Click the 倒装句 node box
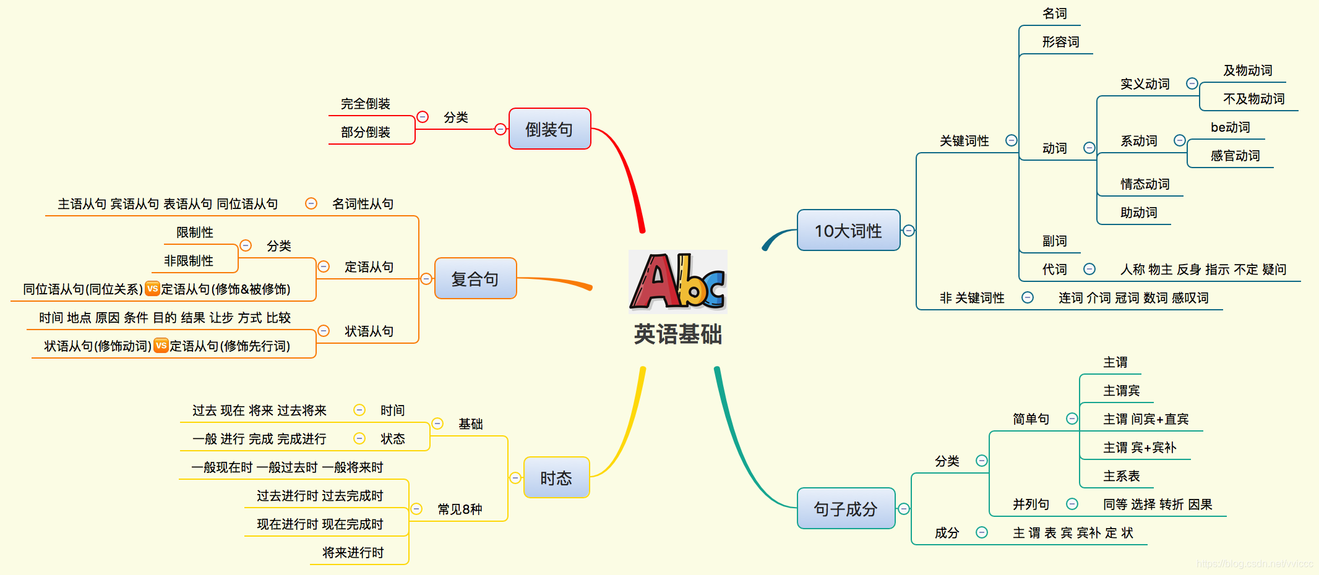point(549,129)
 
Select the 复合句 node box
point(475,279)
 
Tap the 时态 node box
point(556,478)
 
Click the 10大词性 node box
point(848,231)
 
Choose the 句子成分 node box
point(846,509)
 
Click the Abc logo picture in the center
point(677,281)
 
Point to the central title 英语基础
point(678,334)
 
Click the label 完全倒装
point(366,104)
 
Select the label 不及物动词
point(1253,99)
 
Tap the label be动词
point(1230,127)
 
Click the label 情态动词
point(1145,184)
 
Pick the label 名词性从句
point(363,204)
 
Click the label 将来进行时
point(353,553)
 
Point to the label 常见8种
point(460,509)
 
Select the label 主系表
point(1121,476)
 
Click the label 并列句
point(1031,505)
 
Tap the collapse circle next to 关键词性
point(1012,140)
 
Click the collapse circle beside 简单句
point(1072,419)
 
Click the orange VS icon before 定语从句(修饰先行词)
point(161,345)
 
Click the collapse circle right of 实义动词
point(1192,83)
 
